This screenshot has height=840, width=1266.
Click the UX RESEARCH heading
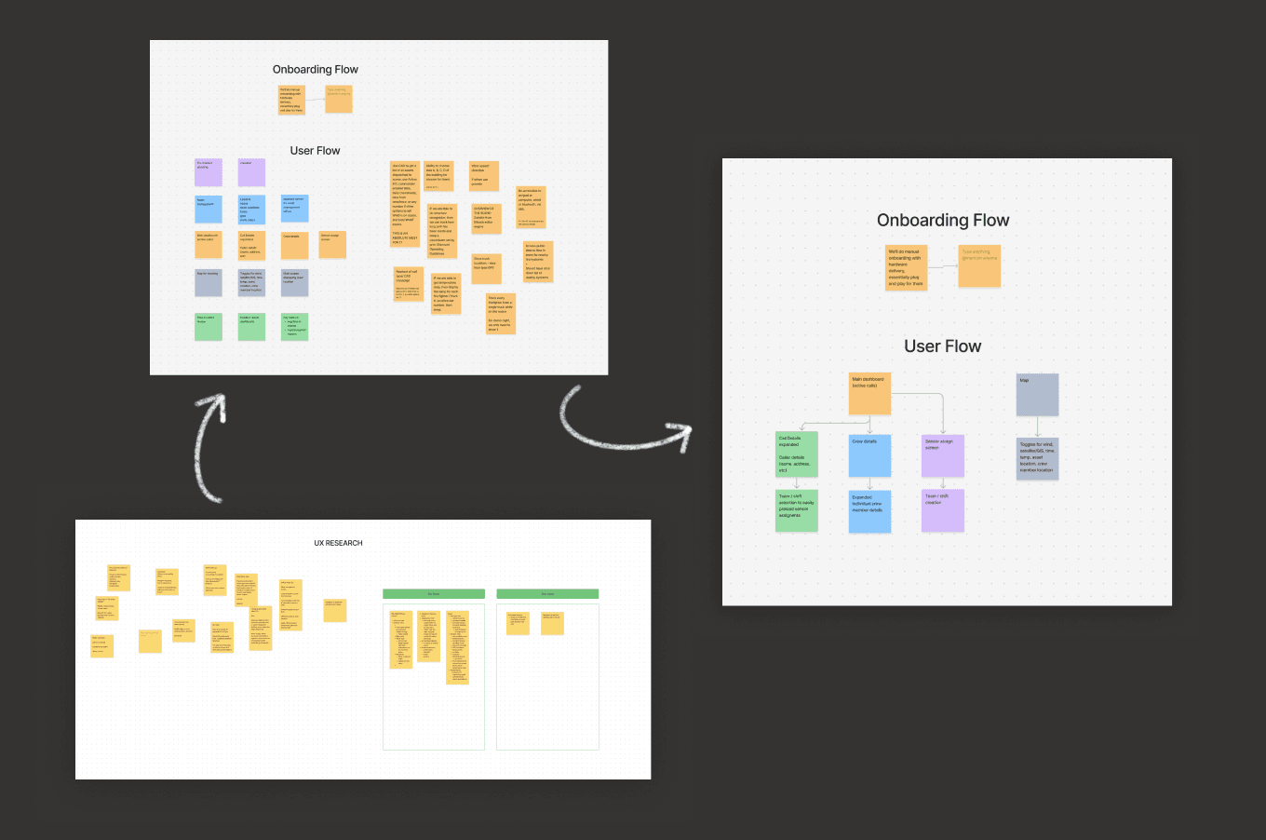click(x=338, y=543)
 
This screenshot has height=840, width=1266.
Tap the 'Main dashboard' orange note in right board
click(x=869, y=394)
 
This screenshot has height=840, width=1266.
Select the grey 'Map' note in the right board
click(x=1037, y=394)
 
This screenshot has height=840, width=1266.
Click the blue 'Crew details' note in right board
click(x=869, y=456)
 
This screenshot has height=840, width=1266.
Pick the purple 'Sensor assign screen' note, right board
click(x=942, y=456)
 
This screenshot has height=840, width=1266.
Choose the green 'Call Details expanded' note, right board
click(x=797, y=454)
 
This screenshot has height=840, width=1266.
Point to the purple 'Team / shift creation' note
click(x=942, y=510)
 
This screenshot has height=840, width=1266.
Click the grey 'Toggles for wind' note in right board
click(x=1037, y=458)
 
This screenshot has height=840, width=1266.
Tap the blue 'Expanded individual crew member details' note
click(x=869, y=511)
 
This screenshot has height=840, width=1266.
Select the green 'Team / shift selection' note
click(x=797, y=510)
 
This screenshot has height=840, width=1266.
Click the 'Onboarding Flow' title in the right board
click(x=943, y=221)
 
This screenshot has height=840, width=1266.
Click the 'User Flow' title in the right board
click(x=942, y=346)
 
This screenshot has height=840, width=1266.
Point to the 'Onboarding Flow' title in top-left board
click(x=316, y=70)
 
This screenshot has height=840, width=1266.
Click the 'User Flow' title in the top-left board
click(x=315, y=151)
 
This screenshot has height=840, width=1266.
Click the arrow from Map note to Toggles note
click(x=1037, y=427)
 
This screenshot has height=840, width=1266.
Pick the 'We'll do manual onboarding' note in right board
click(x=906, y=267)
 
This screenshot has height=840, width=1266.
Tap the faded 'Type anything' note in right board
click(x=979, y=266)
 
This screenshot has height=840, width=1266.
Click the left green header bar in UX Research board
click(x=434, y=594)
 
